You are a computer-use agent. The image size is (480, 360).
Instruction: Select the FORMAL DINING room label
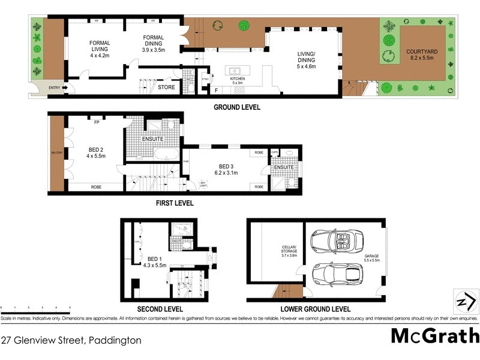pyautogui.click(x=154, y=43)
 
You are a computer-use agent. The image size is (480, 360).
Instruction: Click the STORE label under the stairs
pyautogui.click(x=166, y=88)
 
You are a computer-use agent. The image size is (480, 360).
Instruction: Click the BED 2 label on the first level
pyautogui.click(x=96, y=152)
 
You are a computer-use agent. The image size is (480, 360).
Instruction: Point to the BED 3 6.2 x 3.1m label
pyautogui.click(x=226, y=169)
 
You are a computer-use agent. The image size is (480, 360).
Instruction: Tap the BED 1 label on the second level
pyautogui.click(x=156, y=262)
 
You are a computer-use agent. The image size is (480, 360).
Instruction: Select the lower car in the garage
pyautogui.click(x=337, y=274)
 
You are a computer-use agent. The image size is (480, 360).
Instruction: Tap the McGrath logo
pyautogui.click(x=435, y=336)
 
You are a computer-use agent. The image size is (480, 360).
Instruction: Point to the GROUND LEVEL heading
pyautogui.click(x=238, y=108)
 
